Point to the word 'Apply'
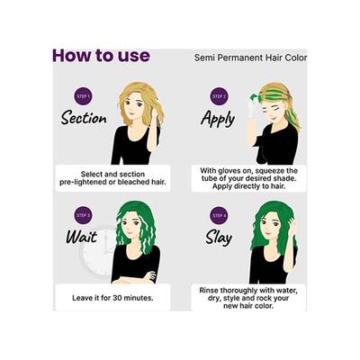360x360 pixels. pyautogui.click(x=220, y=117)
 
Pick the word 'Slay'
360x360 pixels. pyautogui.click(x=218, y=238)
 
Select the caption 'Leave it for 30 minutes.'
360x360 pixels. pyautogui.click(x=110, y=296)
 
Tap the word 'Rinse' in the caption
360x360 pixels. pyautogui.click(x=208, y=292)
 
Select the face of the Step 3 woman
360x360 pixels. pyautogui.click(x=139, y=230)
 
